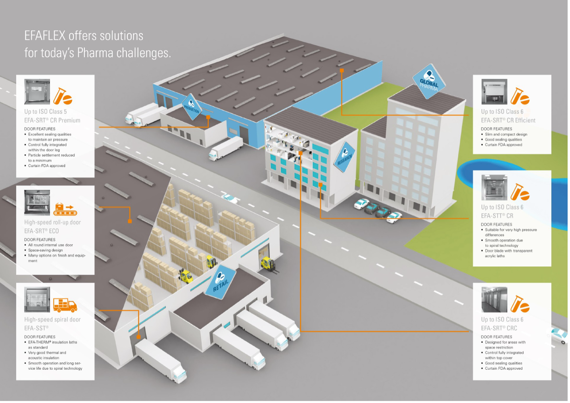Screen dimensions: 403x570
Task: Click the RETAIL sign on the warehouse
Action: tap(220, 282)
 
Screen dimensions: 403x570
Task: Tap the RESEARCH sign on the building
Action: tap(344, 157)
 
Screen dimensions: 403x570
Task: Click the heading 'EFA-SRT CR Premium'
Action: tap(52, 120)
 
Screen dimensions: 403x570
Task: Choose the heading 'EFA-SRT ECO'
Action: tap(41, 231)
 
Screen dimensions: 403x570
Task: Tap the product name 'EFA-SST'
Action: tap(36, 328)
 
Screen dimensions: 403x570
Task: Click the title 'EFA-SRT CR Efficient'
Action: tap(508, 120)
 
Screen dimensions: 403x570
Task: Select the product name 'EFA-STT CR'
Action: tap(497, 216)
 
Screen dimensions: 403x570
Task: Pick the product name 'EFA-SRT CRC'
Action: tap(499, 328)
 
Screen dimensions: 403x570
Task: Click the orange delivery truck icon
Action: tap(65, 305)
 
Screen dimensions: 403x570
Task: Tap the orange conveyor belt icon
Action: tap(65, 209)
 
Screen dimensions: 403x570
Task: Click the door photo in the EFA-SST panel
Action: tap(37, 300)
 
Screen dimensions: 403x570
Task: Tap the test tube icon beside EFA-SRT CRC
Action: tap(520, 304)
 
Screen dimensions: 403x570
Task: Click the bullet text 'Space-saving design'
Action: tap(45, 250)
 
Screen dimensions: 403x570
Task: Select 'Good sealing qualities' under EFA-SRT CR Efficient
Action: tap(503, 139)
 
